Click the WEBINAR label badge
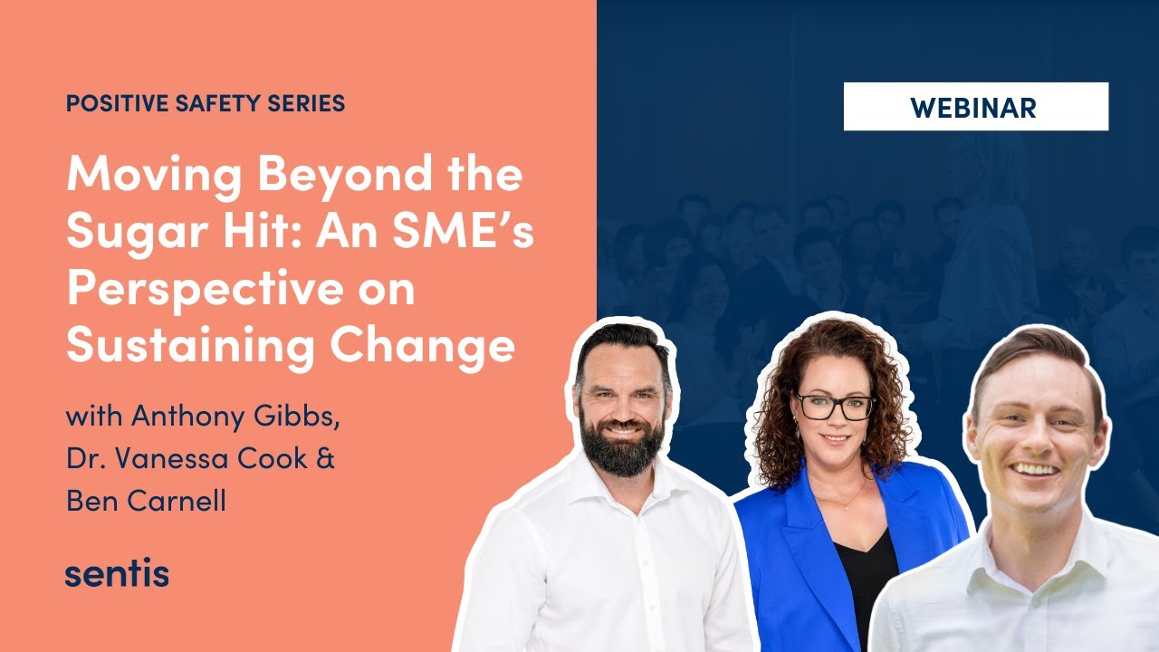(975, 107)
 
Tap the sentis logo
(117, 573)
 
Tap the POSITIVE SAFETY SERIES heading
(206, 103)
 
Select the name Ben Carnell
(146, 499)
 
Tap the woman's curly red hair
(777, 398)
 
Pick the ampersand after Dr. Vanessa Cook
(325, 458)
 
